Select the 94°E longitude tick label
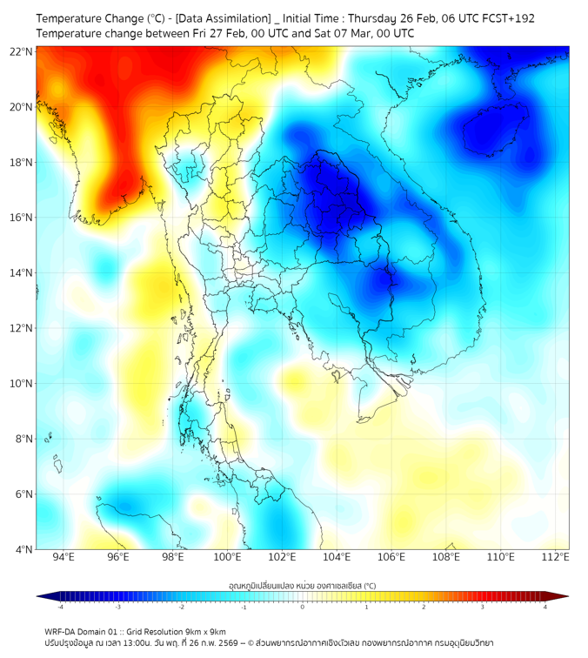[x=63, y=557]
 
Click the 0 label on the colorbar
[x=303, y=607]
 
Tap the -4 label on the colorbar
[x=58, y=607]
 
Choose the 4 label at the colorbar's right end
[x=545, y=607]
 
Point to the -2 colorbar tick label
[x=180, y=607]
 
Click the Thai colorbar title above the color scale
[x=302, y=586]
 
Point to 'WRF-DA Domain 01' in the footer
[x=80, y=631]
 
